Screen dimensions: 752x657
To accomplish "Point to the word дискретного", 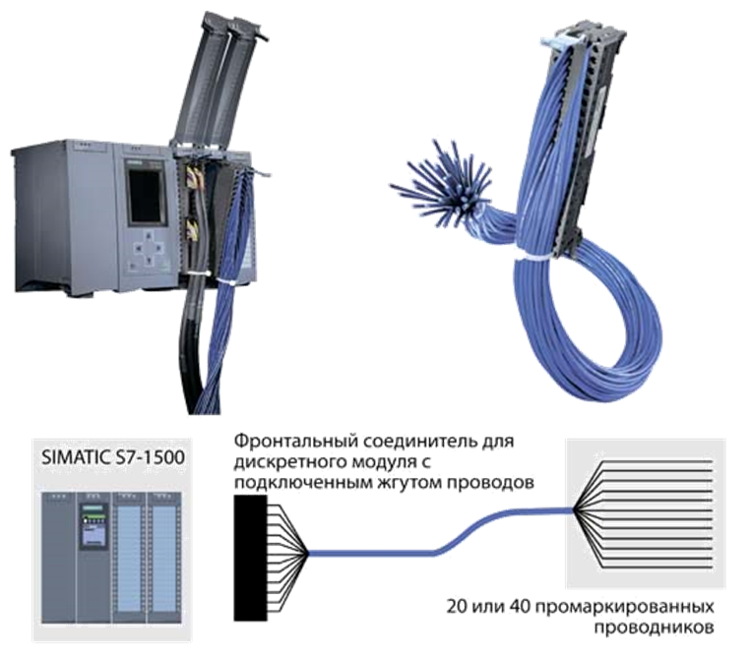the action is click(x=290, y=462).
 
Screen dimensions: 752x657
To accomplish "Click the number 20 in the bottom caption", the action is click(x=457, y=607).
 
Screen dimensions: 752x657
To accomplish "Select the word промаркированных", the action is click(x=624, y=608).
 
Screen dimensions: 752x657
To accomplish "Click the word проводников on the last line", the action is click(x=655, y=627).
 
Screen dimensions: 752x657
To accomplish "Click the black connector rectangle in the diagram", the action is click(x=250, y=558).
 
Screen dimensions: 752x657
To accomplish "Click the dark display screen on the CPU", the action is click(x=146, y=196).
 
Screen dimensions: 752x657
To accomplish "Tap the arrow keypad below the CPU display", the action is click(x=150, y=248).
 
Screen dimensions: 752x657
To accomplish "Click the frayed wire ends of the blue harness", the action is click(x=441, y=180).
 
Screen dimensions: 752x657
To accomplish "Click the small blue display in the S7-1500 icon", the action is click(x=94, y=536).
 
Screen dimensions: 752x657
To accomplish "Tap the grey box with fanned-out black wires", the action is click(x=646, y=511).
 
